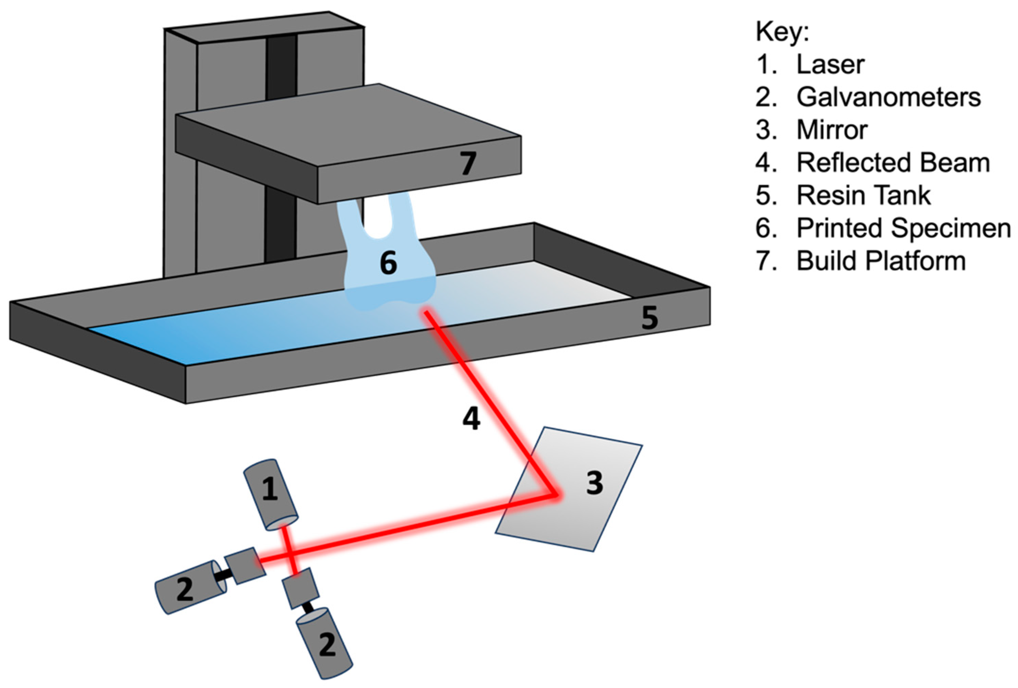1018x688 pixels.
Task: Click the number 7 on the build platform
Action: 468,163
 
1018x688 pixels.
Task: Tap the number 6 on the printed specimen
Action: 388,263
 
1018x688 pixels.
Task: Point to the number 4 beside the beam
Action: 471,419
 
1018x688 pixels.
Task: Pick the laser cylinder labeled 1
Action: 271,494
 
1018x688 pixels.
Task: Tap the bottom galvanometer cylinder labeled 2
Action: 325,644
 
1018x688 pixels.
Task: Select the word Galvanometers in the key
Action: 888,97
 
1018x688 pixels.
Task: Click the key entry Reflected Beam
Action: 893,163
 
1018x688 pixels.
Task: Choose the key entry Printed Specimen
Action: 903,228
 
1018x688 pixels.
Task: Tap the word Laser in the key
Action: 830,64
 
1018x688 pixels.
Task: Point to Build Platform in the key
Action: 881,261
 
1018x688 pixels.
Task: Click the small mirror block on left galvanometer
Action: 245,565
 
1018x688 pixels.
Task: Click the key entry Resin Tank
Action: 863,195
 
